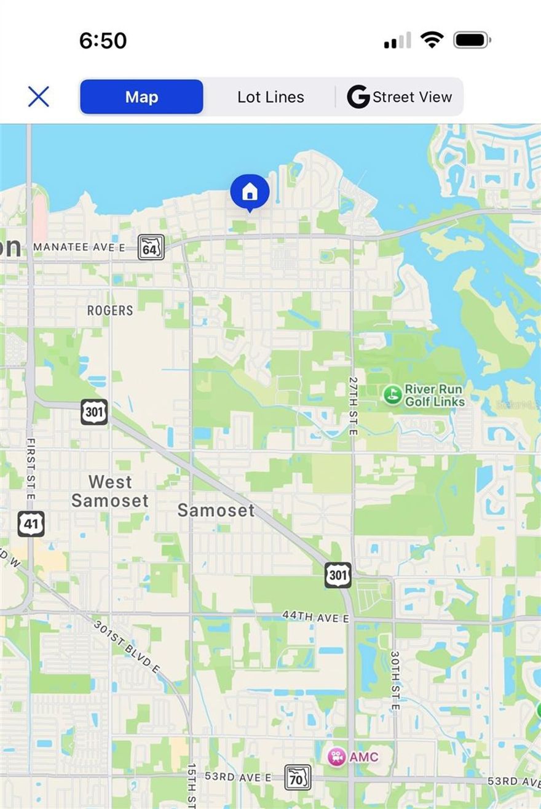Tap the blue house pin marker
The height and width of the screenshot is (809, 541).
250,192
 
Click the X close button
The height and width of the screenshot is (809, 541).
38,97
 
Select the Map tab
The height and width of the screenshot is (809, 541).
141,97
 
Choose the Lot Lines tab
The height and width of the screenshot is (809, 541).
270,97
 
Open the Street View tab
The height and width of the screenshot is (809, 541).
400,97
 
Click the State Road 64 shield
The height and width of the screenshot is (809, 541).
151,247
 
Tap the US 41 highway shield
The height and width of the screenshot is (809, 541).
31,524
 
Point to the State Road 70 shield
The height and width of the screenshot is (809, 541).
298,778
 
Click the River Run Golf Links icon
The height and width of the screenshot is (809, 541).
392,394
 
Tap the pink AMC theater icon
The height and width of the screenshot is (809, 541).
336,757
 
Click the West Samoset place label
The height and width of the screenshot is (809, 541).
110,491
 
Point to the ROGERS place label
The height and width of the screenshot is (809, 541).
110,311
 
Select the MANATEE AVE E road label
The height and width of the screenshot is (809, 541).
79,247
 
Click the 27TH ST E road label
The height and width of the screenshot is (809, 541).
353,406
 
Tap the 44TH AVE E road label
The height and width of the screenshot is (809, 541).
315,616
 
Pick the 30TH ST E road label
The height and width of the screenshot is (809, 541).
395,680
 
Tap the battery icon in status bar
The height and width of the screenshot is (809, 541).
472,41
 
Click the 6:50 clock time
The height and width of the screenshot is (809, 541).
103,41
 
